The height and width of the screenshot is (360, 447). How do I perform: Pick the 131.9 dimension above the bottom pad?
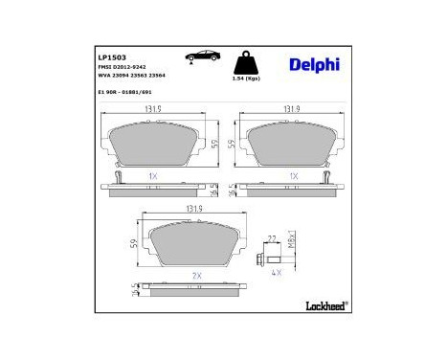click(x=194, y=209)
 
